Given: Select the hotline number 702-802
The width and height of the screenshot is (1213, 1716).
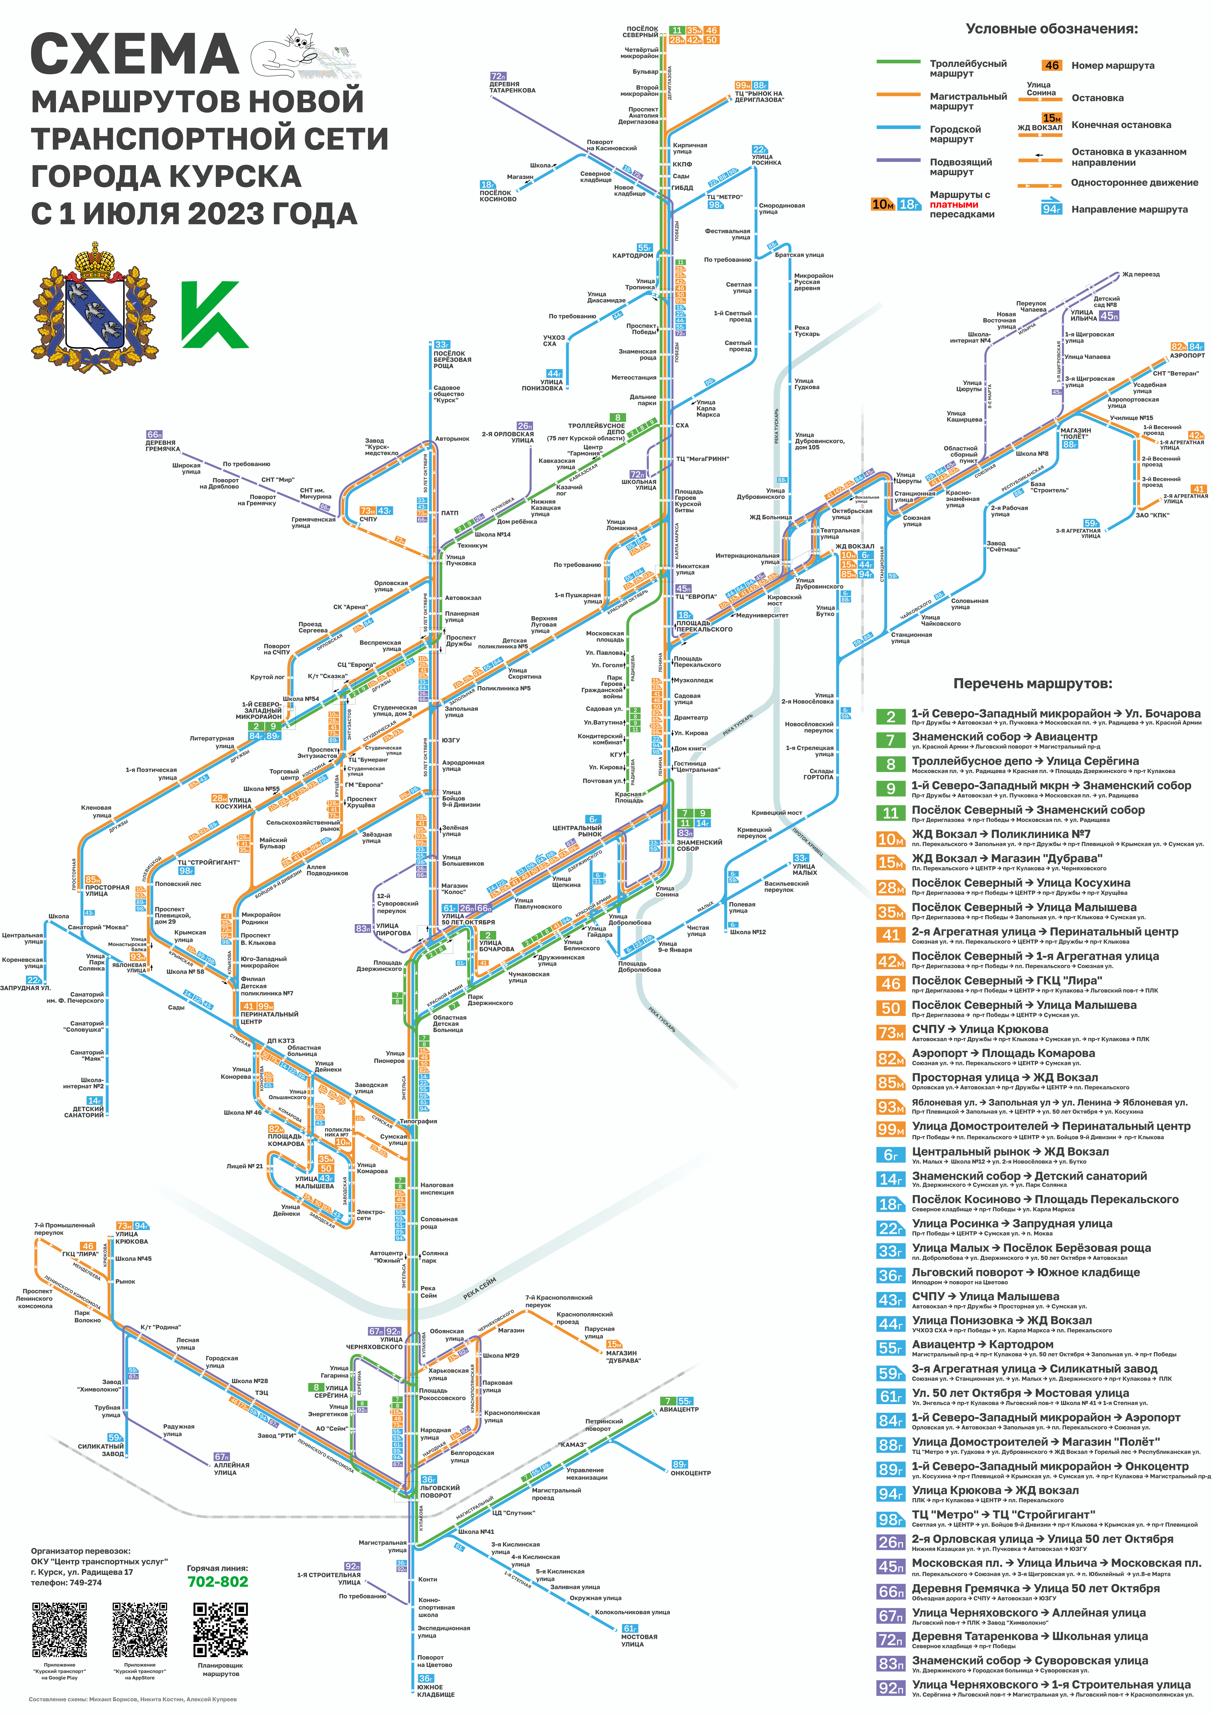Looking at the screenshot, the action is (x=217, y=1581).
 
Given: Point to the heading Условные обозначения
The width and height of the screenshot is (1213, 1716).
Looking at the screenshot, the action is (x=1052, y=29).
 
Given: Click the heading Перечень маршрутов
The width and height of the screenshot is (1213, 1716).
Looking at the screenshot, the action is (x=1032, y=683).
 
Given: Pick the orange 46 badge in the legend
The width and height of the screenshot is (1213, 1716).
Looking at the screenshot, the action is (x=1052, y=65).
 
